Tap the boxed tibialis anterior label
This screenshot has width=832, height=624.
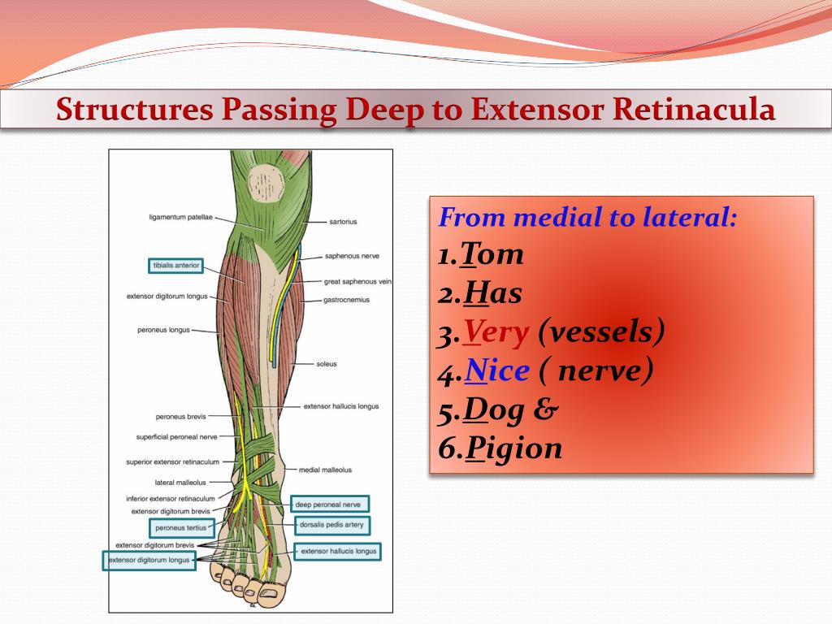click(x=175, y=266)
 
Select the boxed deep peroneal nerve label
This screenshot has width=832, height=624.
click(x=327, y=505)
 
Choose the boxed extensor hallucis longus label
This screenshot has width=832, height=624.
click(x=338, y=552)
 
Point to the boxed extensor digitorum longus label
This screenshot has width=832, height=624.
click(x=149, y=560)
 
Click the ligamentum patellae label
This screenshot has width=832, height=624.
click(x=180, y=218)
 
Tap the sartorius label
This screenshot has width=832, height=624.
click(x=343, y=221)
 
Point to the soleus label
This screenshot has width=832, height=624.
click(x=327, y=364)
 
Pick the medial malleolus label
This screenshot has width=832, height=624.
click(x=325, y=470)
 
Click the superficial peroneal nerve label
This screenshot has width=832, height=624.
click(x=176, y=437)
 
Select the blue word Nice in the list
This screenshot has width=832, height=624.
click(x=496, y=370)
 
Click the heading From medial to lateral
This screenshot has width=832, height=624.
click(x=587, y=218)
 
